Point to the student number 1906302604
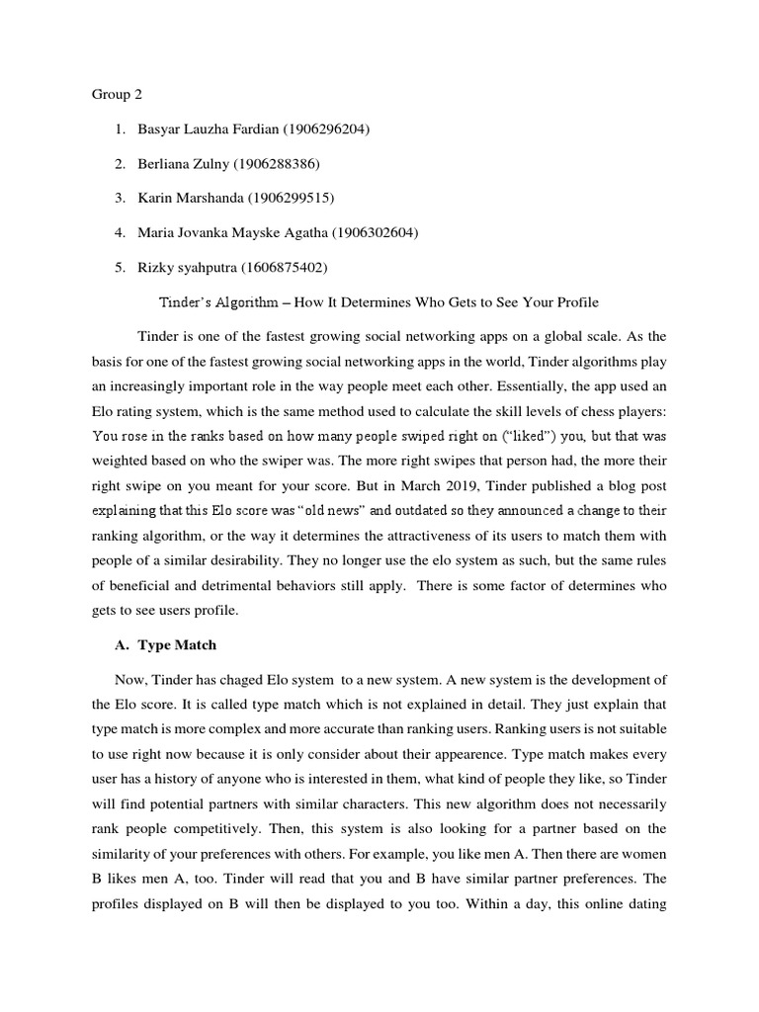tap(370, 232)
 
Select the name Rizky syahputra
tap(183, 267)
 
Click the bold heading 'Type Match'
tap(177, 645)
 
